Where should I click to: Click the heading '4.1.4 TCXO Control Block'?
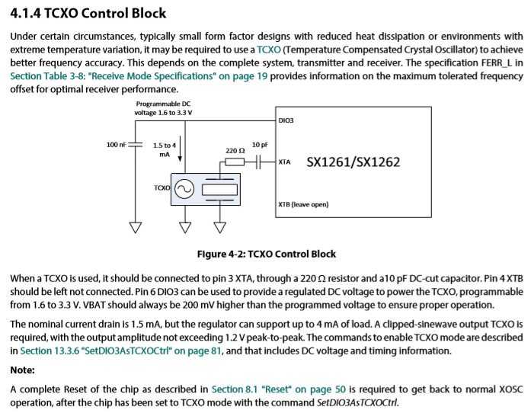[x=88, y=13]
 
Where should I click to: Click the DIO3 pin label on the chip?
[x=286, y=120]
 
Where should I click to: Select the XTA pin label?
[x=284, y=162]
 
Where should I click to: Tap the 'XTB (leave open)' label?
[x=303, y=204]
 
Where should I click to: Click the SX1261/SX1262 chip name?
[x=353, y=162]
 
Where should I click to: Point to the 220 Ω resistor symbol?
[x=235, y=162]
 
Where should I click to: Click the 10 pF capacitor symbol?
[x=258, y=162]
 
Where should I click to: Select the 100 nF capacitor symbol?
[x=135, y=145]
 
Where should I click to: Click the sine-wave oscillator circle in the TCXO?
[x=184, y=189]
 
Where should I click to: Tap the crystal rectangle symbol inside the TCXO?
[x=219, y=190]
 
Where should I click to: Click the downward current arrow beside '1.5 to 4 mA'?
[x=180, y=149]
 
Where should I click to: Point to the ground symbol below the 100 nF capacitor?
[x=136, y=227]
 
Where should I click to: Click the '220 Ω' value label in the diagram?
[x=235, y=150]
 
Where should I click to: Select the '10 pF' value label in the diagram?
[x=260, y=145]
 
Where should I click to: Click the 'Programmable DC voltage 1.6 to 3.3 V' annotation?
[x=163, y=108]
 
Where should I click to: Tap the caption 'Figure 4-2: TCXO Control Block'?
[x=267, y=254]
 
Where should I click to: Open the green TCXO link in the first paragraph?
[x=269, y=50]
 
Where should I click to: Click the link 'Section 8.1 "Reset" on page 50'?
[x=279, y=389]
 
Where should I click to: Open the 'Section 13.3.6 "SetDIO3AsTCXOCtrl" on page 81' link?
[x=121, y=351]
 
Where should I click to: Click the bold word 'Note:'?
[x=22, y=370]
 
